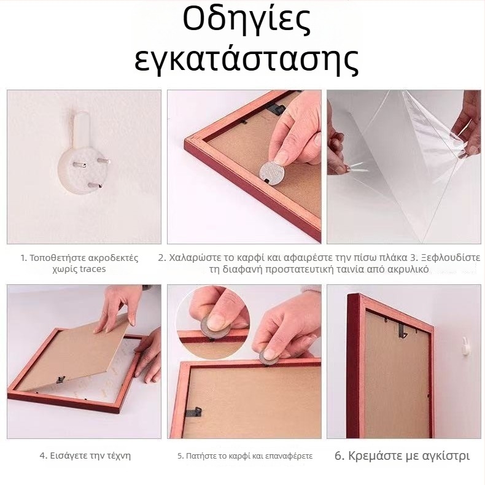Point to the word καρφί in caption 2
(x=252, y=257)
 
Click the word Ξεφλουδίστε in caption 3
(x=451, y=257)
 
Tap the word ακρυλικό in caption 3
(x=410, y=269)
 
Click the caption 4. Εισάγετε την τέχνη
(x=85, y=456)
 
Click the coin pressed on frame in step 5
(x=269, y=355)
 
